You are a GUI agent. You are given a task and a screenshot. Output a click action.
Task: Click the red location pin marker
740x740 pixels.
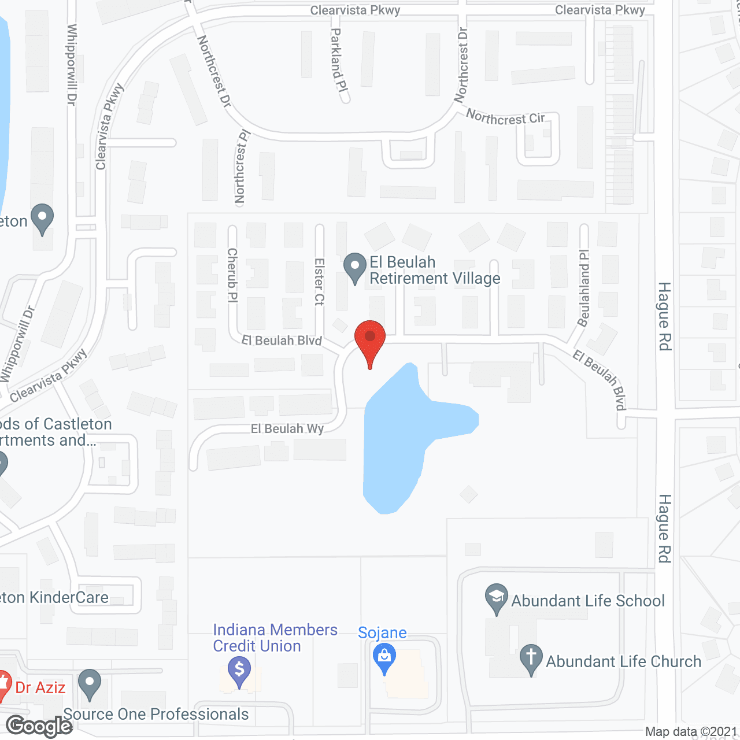(369, 338)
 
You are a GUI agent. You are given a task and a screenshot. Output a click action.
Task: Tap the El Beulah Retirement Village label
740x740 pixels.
(434, 271)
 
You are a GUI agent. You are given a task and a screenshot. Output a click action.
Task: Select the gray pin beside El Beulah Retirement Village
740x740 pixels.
(355, 267)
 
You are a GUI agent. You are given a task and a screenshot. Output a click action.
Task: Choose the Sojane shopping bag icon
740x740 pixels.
(384, 657)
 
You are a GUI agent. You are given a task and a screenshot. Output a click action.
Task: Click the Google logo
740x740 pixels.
(39, 726)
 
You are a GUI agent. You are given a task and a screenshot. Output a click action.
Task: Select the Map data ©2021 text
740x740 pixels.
(691, 732)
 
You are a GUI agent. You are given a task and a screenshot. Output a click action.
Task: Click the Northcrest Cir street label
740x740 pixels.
(505, 118)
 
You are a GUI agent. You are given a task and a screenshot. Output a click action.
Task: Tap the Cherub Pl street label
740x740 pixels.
(232, 275)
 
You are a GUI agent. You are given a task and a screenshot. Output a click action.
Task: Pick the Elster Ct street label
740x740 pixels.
(319, 282)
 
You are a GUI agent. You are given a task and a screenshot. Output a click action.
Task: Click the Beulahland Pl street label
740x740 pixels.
(584, 288)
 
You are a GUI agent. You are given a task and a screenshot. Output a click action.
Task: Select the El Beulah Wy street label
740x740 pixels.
(287, 429)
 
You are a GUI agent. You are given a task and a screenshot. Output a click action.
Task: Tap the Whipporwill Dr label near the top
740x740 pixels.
(72, 64)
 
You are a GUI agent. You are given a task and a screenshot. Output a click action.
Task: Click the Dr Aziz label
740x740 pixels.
(40, 687)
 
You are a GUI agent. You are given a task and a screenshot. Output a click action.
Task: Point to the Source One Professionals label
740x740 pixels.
(156, 715)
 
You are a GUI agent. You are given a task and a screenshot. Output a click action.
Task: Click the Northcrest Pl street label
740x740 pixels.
(241, 167)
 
